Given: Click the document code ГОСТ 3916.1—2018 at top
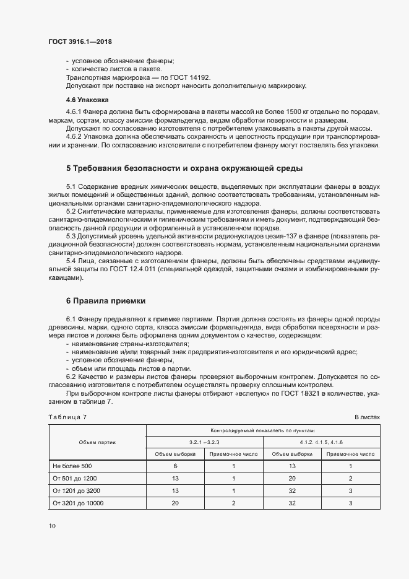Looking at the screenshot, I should click(x=80, y=41).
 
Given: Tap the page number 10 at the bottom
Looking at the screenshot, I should click(x=52, y=526).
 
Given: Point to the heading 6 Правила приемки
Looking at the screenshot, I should click(x=106, y=301).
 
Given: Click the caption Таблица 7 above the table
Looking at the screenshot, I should click(x=67, y=417).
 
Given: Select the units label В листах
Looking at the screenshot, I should click(x=367, y=417).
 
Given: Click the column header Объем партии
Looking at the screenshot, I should click(x=97, y=442).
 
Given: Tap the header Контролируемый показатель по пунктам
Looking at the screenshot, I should click(x=263, y=430).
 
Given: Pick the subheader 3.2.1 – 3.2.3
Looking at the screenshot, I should click(x=204, y=442).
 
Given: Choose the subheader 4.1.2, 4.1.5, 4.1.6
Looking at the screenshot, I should click(x=322, y=442).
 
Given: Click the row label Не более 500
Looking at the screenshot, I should click(x=72, y=466).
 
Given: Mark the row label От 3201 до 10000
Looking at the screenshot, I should click(x=78, y=503).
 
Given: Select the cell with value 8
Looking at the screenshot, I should click(x=175, y=466).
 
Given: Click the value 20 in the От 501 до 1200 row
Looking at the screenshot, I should click(x=292, y=478).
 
